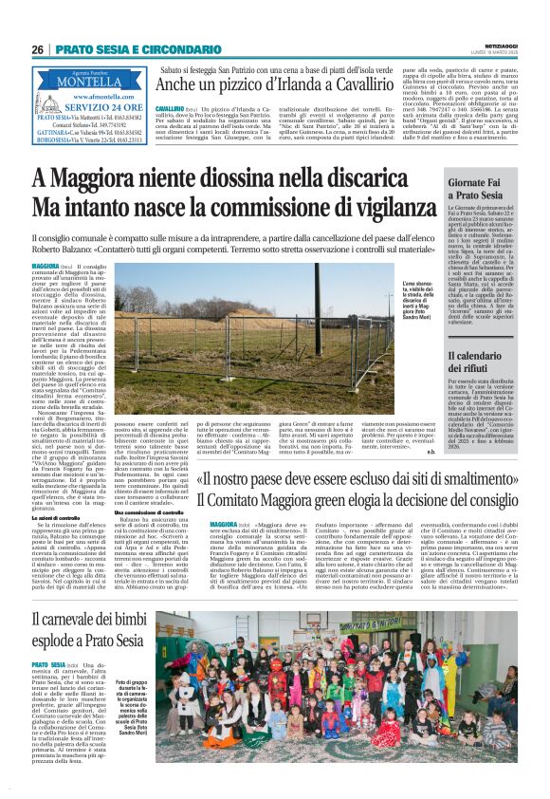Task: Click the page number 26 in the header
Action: (37, 49)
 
